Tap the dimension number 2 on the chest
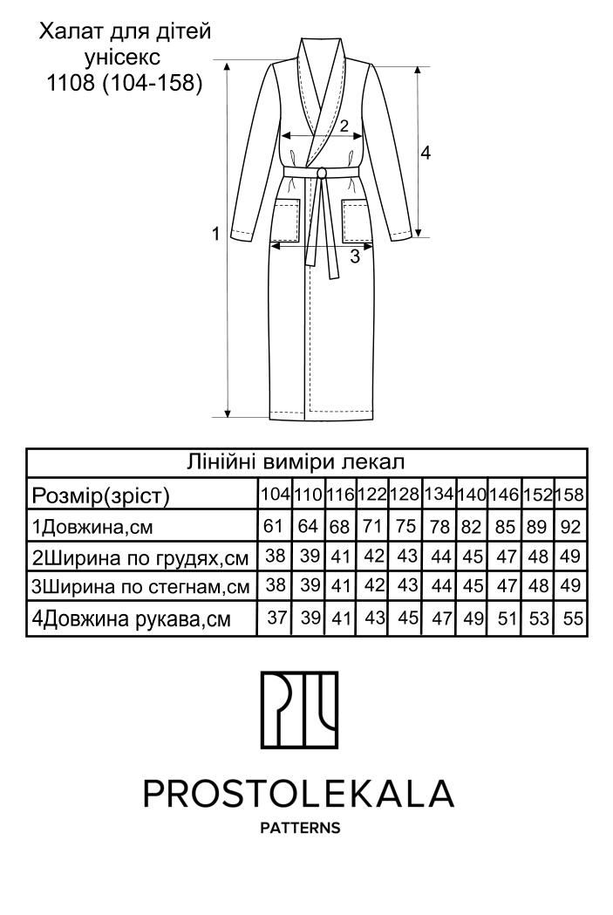pyautogui.click(x=344, y=126)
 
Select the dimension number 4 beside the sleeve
pyautogui.click(x=426, y=153)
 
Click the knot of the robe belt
pyautogui.click(x=322, y=173)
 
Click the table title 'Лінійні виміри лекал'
pyautogui.click(x=306, y=461)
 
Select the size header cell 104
pyautogui.click(x=275, y=495)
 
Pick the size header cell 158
pyautogui.click(x=569, y=495)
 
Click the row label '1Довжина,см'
pyautogui.click(x=93, y=527)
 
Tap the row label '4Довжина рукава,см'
pyautogui.click(x=131, y=620)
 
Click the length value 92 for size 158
pyautogui.click(x=570, y=526)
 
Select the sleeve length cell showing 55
pyautogui.click(x=570, y=619)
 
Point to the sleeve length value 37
pyautogui.click(x=276, y=619)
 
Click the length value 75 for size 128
pyautogui.click(x=404, y=526)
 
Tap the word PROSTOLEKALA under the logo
pyautogui.click(x=299, y=794)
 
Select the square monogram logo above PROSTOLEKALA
pyautogui.click(x=299, y=709)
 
